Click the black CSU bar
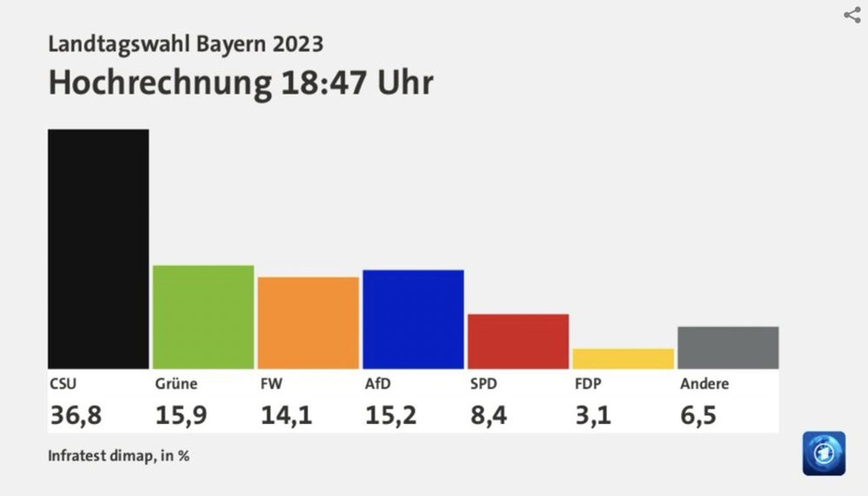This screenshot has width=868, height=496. tap(98, 249)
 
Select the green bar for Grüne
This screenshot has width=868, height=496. tap(203, 317)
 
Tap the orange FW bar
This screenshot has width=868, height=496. tap(308, 323)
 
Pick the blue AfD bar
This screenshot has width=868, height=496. tap(413, 319)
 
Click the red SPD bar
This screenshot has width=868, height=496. tap(518, 341)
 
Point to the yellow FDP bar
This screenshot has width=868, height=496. tap(623, 358)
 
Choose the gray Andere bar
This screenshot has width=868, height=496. tap(727, 348)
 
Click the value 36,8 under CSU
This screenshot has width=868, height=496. tap(76, 415)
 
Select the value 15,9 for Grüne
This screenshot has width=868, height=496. tap(181, 415)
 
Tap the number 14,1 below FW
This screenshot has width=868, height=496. tap(286, 415)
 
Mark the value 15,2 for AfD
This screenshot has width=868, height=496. tap(391, 415)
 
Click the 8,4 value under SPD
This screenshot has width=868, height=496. tap(488, 415)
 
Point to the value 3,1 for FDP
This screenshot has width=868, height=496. tap(593, 415)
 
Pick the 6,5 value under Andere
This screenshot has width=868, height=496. tap(698, 415)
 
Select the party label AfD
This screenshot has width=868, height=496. tap(378, 383)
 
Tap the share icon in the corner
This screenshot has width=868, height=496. tap(852, 15)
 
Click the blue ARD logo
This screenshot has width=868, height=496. tap(823, 452)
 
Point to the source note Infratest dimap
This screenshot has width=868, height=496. tap(118, 455)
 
